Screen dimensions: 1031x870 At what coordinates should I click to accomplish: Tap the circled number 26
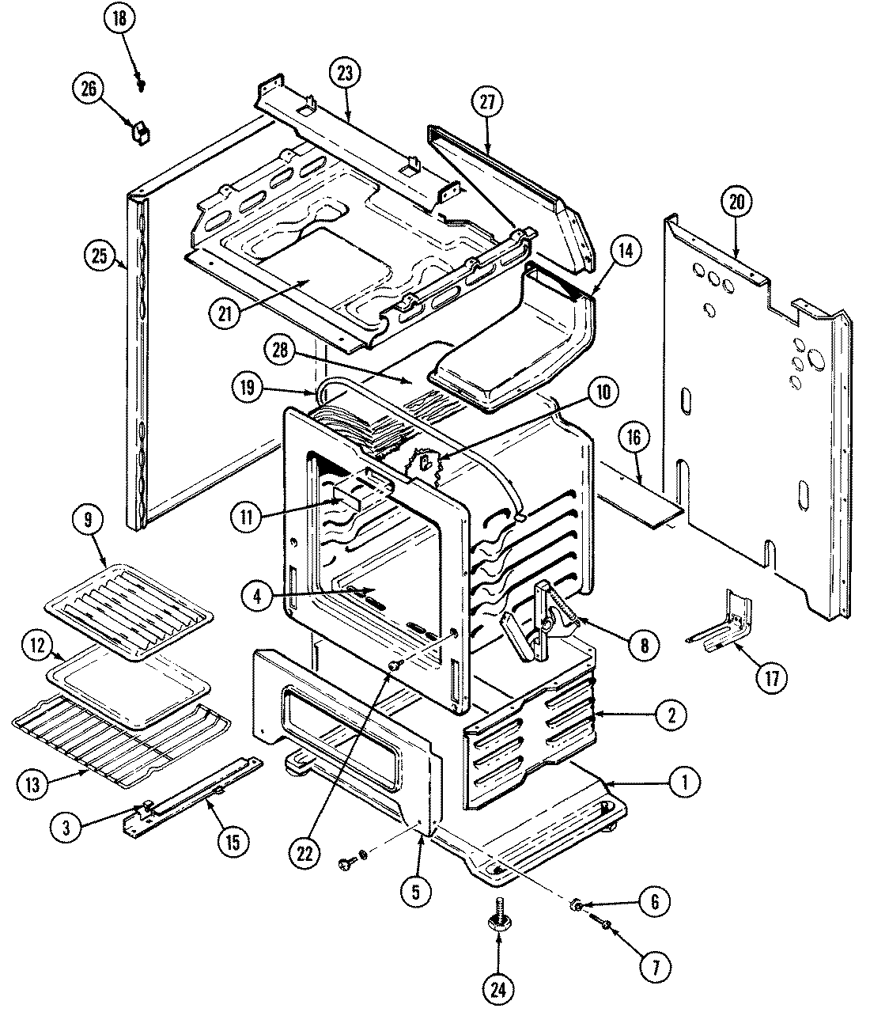[x=88, y=89]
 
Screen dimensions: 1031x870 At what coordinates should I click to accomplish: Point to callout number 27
[x=487, y=103]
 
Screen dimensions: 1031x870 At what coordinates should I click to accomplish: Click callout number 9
[x=87, y=521]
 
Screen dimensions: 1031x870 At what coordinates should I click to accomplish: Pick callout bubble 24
[x=499, y=988]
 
